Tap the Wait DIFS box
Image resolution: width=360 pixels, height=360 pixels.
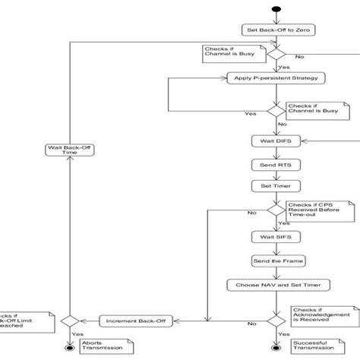pos(273,141)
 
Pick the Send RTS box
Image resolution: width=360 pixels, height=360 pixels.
pos(273,164)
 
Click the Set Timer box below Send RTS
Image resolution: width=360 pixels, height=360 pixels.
pos(273,185)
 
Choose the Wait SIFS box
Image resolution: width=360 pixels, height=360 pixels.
pos(273,236)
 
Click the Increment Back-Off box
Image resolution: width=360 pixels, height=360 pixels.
pos(131,321)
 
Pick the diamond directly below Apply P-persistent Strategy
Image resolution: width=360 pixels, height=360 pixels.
pos(273,111)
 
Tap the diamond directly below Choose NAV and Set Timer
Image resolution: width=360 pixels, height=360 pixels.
pos(273,321)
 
